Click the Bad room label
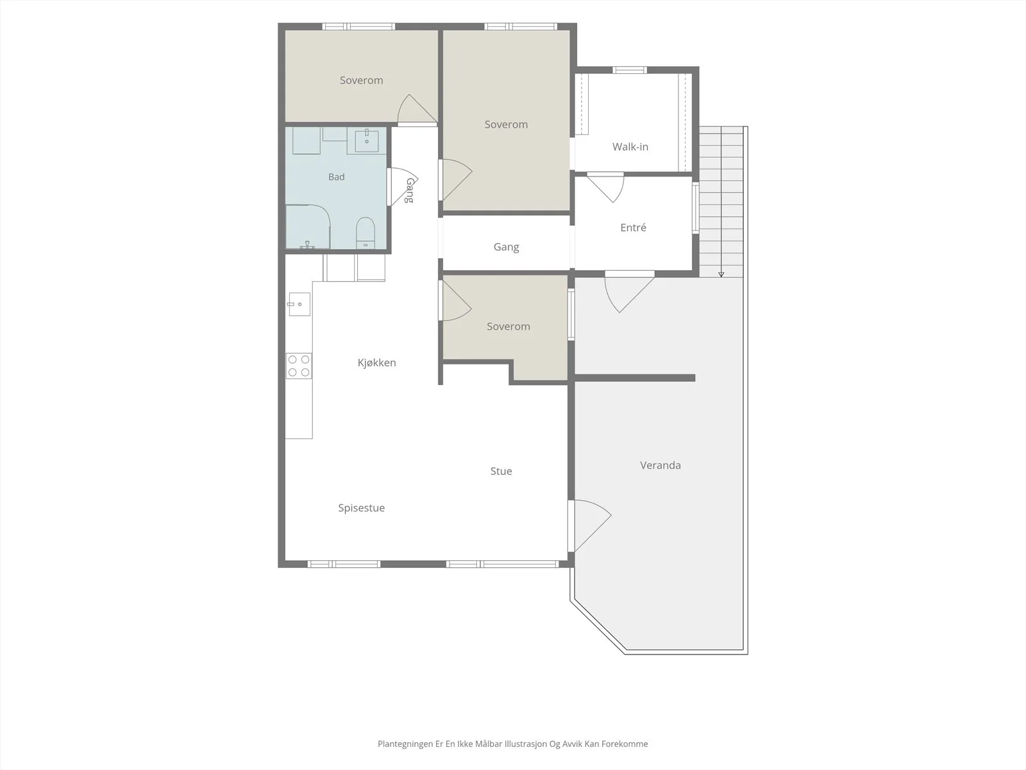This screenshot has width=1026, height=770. click(x=336, y=176)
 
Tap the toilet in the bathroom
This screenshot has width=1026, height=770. click(x=366, y=232)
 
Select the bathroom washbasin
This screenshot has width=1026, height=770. click(x=366, y=141)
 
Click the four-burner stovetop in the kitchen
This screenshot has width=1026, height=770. click(x=299, y=366)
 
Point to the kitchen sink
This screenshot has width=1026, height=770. click(x=299, y=304)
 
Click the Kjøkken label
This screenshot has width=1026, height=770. click(x=377, y=363)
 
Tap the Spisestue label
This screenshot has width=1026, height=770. click(x=361, y=508)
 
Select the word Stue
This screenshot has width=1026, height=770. click(x=501, y=471)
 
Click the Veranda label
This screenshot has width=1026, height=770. click(x=660, y=465)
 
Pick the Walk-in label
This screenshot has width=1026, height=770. click(x=630, y=147)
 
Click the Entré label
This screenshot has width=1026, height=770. click(x=633, y=227)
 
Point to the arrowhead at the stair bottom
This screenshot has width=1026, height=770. click(x=721, y=275)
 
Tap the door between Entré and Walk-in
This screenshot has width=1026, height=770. click(x=606, y=187)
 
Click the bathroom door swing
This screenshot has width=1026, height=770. click(x=403, y=187)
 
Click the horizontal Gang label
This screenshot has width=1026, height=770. click(x=506, y=247)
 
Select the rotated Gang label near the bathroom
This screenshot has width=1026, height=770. click(x=410, y=191)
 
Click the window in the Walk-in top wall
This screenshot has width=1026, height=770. click(x=630, y=70)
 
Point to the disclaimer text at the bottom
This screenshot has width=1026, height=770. click(x=513, y=744)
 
